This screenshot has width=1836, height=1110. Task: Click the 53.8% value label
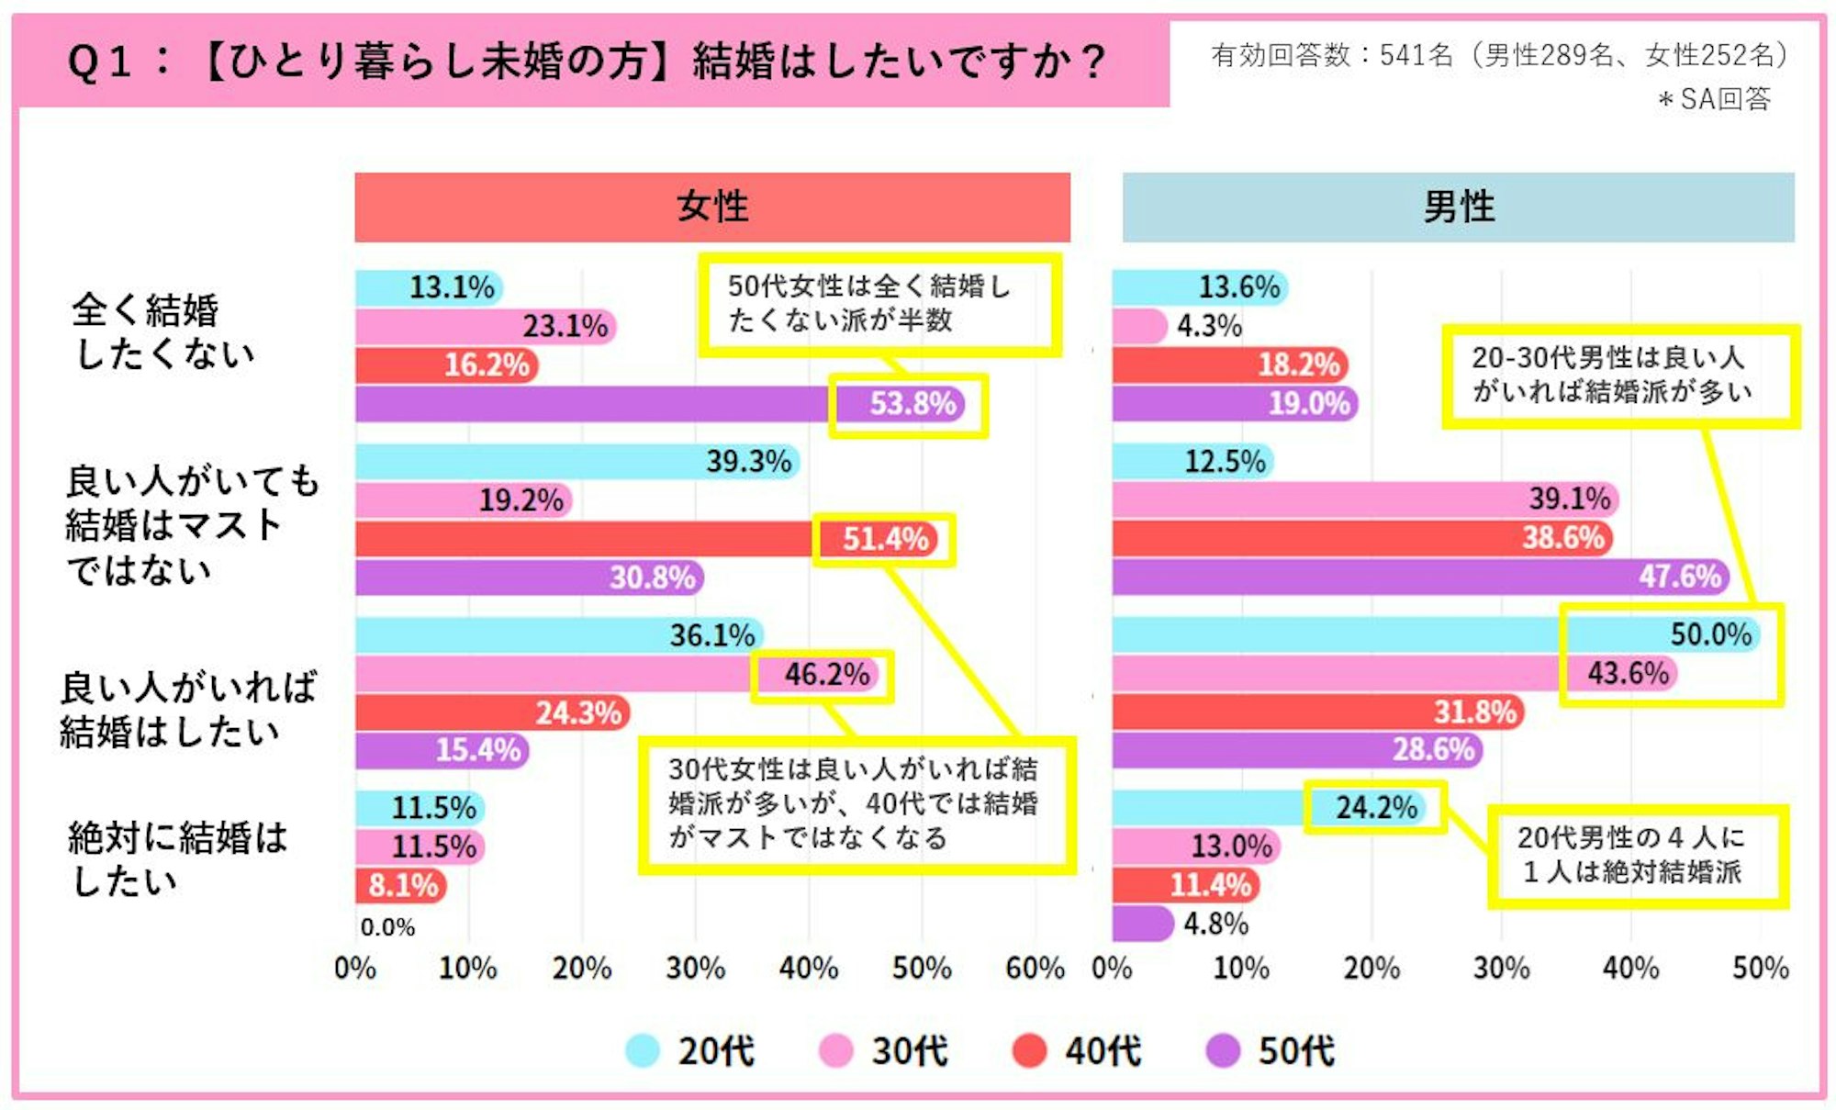click(912, 404)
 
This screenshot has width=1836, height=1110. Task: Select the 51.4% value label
click(886, 539)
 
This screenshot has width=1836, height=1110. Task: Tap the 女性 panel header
click(712, 207)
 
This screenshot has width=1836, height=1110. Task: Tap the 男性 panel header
click(1458, 207)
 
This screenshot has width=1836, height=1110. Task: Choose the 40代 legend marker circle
click(1029, 1050)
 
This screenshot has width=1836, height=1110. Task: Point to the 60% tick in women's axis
click(1035, 969)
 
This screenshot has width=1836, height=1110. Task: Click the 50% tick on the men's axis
click(1760, 969)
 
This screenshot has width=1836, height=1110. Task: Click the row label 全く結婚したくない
click(161, 331)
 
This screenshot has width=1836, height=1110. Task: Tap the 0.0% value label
click(387, 927)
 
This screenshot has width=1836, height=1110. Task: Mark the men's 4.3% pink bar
click(1138, 326)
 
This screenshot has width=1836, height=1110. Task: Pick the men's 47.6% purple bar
click(1418, 577)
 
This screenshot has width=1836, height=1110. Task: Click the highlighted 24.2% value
click(1375, 808)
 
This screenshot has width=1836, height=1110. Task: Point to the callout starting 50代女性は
click(879, 304)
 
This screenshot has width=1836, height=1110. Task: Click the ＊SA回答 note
click(1714, 98)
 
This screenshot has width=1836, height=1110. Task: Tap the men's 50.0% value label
click(1710, 634)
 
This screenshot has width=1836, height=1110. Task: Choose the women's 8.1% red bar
click(400, 885)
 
